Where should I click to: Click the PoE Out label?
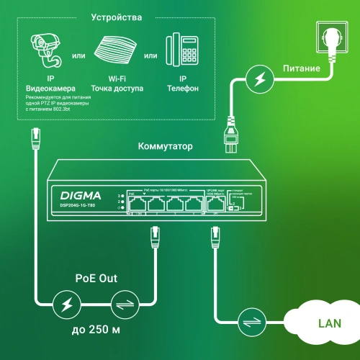pos(99,279)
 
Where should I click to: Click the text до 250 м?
pos(99,333)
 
